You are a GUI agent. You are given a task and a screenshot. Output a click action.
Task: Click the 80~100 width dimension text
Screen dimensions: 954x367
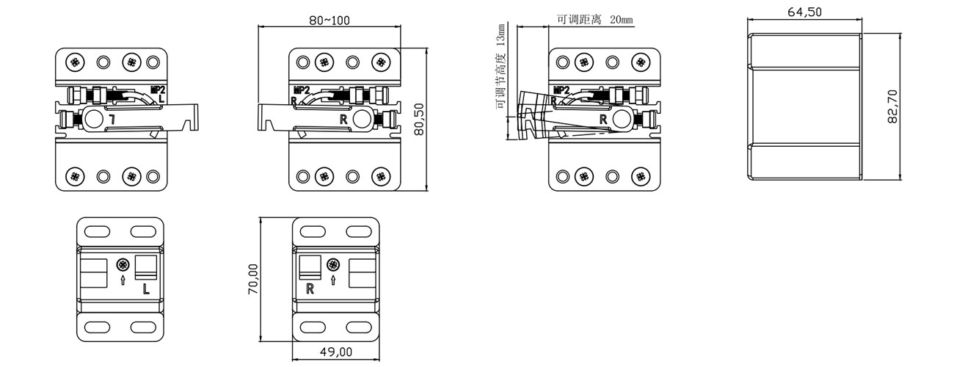click(329, 20)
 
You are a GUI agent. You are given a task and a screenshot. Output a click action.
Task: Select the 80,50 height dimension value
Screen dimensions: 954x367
click(420, 119)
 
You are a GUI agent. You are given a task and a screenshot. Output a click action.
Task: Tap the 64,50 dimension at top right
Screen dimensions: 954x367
click(804, 12)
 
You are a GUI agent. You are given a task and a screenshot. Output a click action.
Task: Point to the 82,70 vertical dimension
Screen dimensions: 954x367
click(892, 106)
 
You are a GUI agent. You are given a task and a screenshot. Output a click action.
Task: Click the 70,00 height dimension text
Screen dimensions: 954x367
click(253, 279)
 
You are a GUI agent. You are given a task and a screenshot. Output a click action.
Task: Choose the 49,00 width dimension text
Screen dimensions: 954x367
click(336, 352)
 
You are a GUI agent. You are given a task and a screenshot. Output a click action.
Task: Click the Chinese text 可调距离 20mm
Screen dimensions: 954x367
click(595, 20)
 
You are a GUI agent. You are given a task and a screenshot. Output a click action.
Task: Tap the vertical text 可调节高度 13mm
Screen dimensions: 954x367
click(500, 66)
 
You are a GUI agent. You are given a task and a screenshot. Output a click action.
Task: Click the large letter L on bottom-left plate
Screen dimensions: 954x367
click(146, 289)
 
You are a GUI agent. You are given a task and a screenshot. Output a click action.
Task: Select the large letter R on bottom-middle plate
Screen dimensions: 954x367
click(310, 289)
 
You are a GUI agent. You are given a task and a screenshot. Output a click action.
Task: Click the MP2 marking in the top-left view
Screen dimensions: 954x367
click(158, 90)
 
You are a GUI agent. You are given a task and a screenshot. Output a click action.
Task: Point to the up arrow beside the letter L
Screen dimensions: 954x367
click(123, 280)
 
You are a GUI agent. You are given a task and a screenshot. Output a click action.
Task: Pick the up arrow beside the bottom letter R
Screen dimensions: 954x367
click(333, 280)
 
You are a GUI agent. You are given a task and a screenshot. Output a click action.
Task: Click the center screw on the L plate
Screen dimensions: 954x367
click(123, 265)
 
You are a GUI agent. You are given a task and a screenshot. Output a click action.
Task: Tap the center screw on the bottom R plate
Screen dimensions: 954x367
click(333, 265)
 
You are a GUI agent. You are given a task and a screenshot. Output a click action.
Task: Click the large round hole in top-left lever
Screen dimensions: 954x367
click(93, 119)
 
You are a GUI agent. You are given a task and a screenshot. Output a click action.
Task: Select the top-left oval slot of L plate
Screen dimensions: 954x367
click(97, 232)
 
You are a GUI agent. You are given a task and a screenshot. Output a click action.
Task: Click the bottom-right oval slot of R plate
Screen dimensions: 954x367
click(359, 327)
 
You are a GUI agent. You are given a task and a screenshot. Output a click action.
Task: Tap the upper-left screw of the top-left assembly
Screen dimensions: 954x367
click(75, 62)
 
